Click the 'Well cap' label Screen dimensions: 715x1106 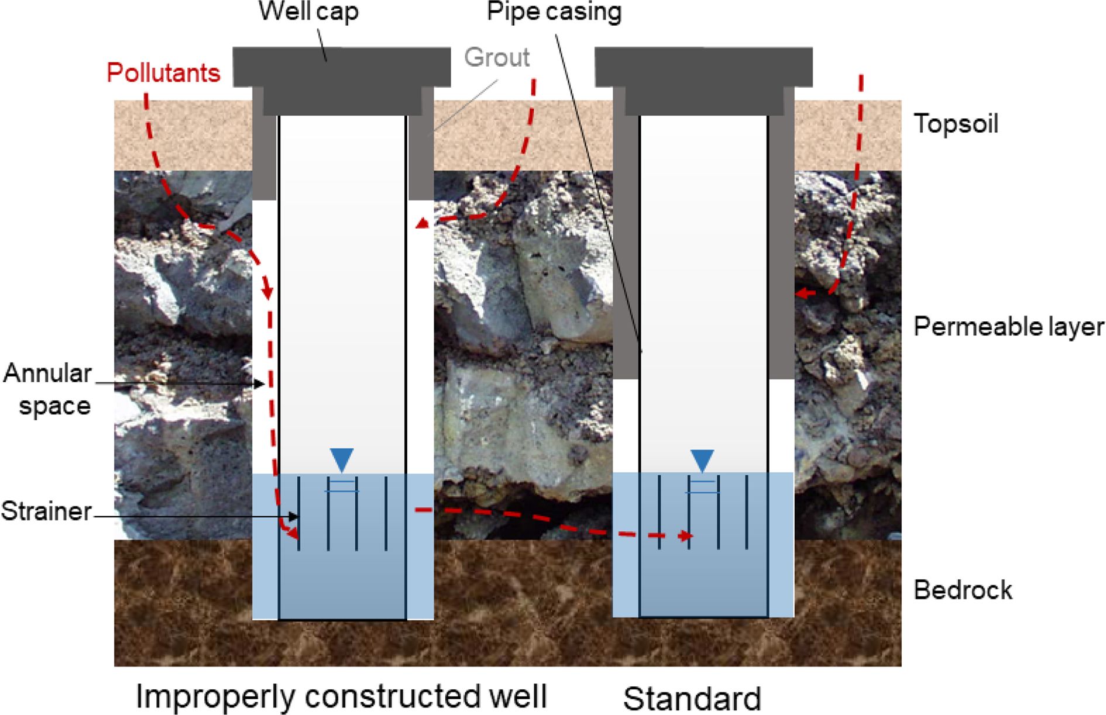[308, 12]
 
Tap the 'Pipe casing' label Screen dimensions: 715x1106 [554, 11]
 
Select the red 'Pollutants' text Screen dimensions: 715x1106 [163, 73]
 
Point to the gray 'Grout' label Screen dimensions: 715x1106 [497, 57]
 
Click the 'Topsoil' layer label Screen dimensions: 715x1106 [956, 123]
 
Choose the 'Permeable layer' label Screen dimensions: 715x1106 [1009, 326]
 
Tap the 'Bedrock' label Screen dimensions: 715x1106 [963, 590]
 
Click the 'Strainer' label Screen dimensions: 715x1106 [46, 511]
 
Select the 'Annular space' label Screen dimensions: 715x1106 [48, 389]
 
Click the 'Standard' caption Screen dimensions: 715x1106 [692, 698]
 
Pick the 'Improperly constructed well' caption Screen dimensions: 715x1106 [341, 696]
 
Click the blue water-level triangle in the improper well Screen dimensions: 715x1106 [342, 460]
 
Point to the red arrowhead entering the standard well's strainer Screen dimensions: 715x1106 [689, 536]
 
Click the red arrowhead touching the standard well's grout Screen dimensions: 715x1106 [800, 293]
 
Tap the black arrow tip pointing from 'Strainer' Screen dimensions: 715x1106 [297, 517]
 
